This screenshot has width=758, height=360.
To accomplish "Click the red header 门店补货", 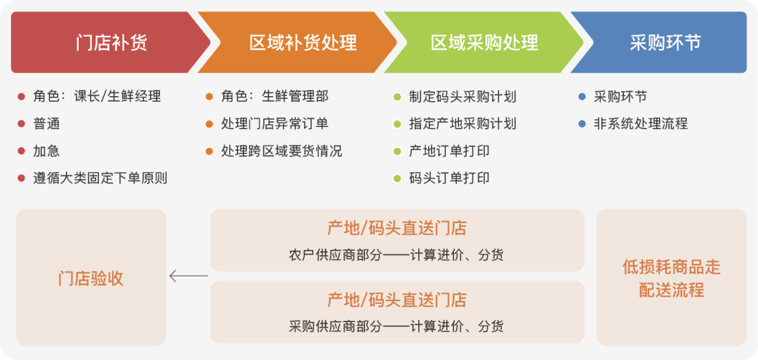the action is tap(112, 43).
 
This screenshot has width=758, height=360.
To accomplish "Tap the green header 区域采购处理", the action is tap(484, 43).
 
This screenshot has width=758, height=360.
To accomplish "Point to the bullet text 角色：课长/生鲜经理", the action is tap(97, 97).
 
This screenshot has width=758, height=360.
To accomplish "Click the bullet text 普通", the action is tap(46, 124).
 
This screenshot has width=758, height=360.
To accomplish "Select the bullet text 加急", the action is tap(46, 152).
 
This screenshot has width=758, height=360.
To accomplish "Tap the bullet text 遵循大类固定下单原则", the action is tap(100, 178).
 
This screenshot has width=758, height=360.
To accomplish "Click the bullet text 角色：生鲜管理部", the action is tap(274, 97).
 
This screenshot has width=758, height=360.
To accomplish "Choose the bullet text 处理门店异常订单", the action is tap(274, 124).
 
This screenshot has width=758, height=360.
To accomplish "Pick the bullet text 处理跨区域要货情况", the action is tap(281, 152).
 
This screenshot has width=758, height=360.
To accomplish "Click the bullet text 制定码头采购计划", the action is tap(463, 97).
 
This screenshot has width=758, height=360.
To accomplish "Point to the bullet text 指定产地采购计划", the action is tap(463, 124).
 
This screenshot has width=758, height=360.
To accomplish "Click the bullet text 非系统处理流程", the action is tap(641, 124).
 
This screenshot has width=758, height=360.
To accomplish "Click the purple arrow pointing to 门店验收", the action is tap(189, 276).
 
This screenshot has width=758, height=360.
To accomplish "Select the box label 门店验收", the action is tap(91, 279).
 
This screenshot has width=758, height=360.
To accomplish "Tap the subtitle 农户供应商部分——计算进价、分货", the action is tap(397, 255).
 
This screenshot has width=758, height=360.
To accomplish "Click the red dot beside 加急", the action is tap(21, 152).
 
